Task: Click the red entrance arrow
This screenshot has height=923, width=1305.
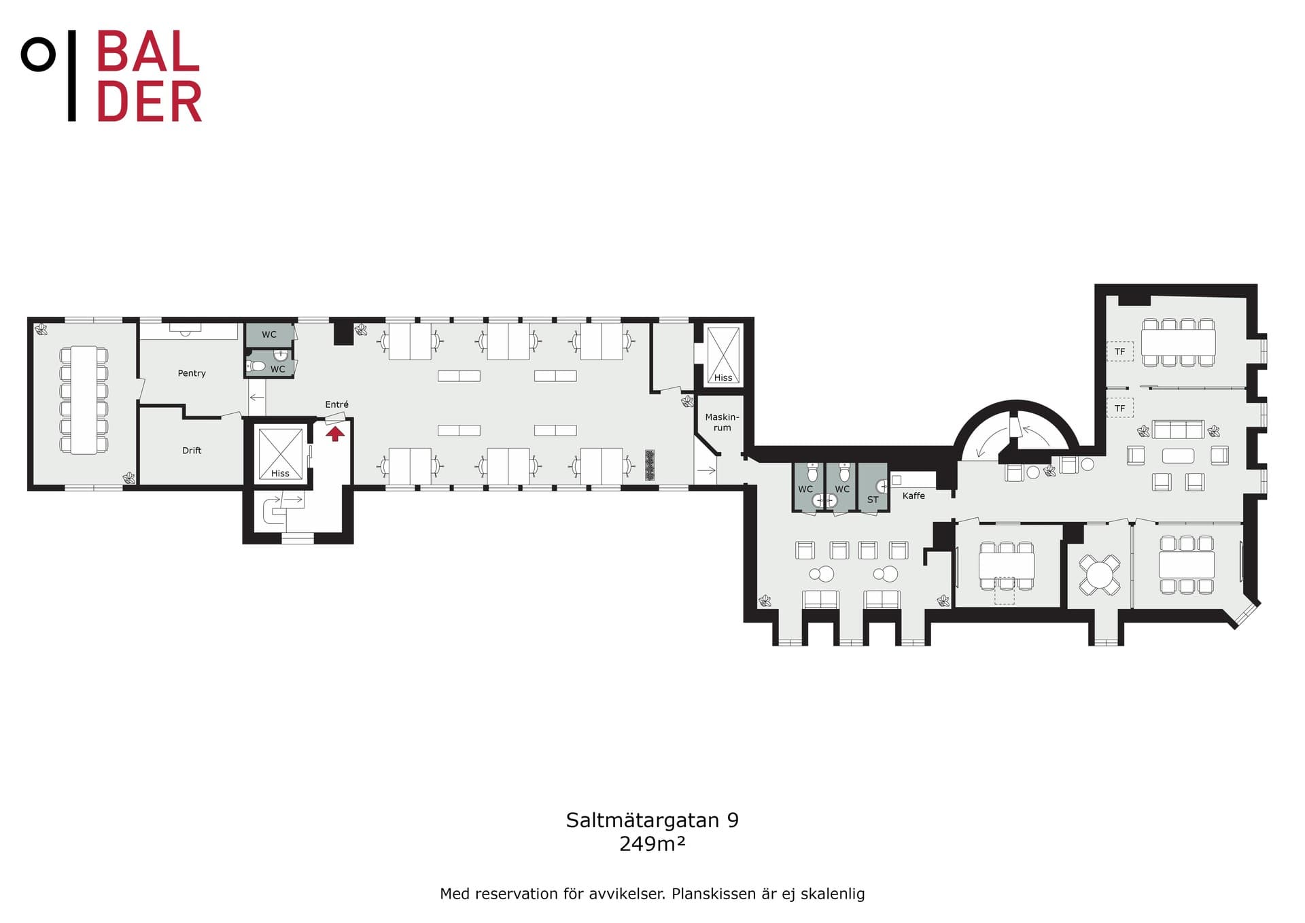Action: [x=335, y=433]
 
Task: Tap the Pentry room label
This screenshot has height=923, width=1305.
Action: [x=192, y=373]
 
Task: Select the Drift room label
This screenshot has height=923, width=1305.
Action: [x=192, y=451]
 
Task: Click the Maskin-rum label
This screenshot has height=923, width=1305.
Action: [x=722, y=422]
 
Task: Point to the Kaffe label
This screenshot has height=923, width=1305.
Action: [x=913, y=495]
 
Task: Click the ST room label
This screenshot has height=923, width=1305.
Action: [x=873, y=500]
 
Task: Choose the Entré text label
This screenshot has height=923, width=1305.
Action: [x=336, y=404]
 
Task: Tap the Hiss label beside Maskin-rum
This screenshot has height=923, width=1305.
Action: [x=723, y=378]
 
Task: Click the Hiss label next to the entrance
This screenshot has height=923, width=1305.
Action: [x=280, y=474]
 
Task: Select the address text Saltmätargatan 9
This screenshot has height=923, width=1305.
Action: [x=652, y=820]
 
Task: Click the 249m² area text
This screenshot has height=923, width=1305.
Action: [x=652, y=843]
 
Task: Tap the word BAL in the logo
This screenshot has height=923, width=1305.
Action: [x=148, y=52]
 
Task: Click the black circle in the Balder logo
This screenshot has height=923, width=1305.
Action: [x=38, y=54]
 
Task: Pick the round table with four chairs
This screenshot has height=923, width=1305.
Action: [x=1099, y=575]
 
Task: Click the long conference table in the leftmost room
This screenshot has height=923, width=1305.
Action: [x=84, y=400]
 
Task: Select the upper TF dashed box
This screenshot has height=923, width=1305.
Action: [x=1119, y=351]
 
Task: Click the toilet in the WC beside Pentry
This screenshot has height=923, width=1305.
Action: [x=256, y=366]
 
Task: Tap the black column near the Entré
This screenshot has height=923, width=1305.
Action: [x=343, y=332]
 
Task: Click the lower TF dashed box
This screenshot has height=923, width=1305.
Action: [x=1119, y=408]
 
